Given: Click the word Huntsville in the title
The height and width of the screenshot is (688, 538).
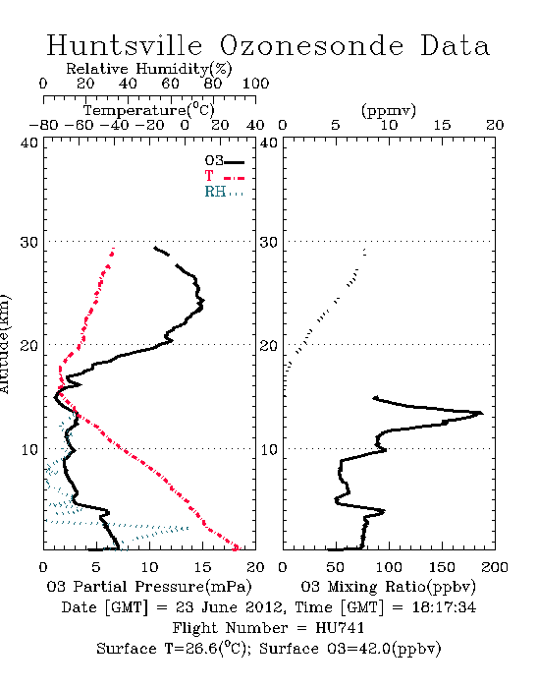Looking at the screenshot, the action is pos(125,45).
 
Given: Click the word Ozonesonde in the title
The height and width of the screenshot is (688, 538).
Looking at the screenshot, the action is pos(311,45).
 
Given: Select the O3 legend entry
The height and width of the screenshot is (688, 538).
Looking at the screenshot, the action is pos(225,161).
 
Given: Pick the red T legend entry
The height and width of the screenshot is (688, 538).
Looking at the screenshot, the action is pos(225,176).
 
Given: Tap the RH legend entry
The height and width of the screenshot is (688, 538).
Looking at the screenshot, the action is pos(224,192).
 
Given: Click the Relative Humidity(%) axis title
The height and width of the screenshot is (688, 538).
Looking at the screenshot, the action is pos(149,69).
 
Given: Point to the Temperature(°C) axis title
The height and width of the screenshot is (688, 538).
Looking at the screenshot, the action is pos(149,110).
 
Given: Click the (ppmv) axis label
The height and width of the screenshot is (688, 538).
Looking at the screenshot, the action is pos(389,111).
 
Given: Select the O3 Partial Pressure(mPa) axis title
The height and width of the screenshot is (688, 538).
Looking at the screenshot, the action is pos(149,587).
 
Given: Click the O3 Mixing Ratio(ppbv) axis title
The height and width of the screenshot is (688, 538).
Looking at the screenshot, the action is pos(388,587).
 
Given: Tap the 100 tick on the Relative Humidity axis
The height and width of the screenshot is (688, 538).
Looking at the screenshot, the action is pos(255,84).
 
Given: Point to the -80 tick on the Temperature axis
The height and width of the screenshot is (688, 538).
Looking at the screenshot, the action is pos(43,125).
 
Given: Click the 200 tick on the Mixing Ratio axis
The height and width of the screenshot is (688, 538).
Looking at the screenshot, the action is pos(495,567).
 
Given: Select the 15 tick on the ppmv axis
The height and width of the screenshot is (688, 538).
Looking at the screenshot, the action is pos(442,125).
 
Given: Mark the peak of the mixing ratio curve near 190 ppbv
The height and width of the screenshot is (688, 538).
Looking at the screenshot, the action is pos(481,413).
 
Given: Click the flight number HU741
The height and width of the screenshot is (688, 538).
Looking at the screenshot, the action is pos(340,628).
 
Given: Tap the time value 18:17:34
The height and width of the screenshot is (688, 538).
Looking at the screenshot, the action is pos(444,607).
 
